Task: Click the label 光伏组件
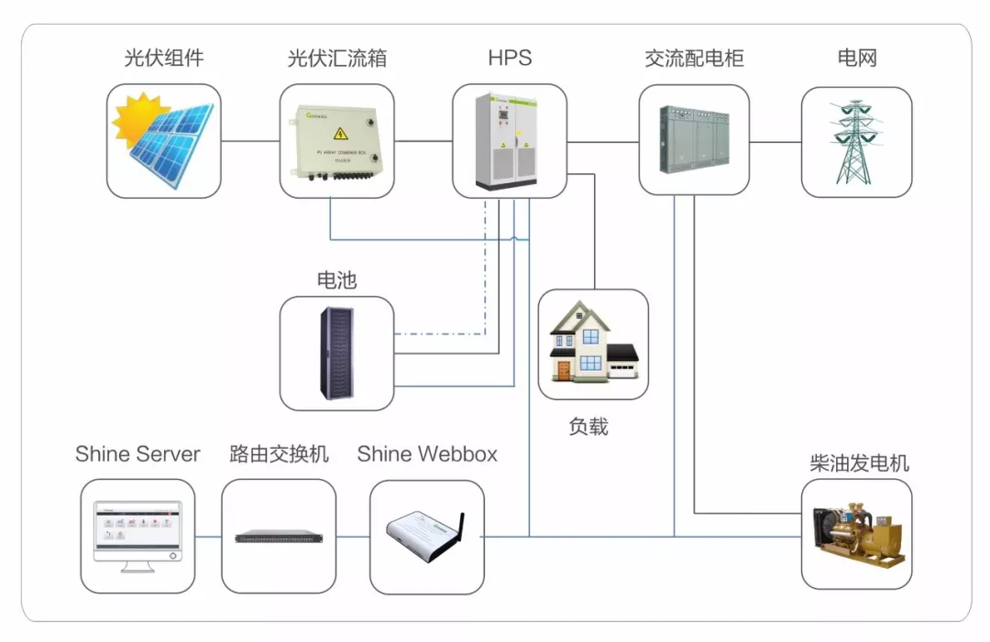[x=163, y=59]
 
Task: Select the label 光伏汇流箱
[x=336, y=59]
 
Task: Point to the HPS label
[x=510, y=59]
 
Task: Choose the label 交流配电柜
[x=694, y=59]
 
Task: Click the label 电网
[x=856, y=59]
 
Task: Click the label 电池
[x=336, y=280]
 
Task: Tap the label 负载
[x=588, y=426]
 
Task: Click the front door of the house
[x=563, y=370]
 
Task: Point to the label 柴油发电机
[x=859, y=463]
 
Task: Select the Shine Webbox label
[x=427, y=454]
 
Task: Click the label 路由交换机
[x=279, y=454]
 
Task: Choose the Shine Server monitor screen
[x=137, y=529]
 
